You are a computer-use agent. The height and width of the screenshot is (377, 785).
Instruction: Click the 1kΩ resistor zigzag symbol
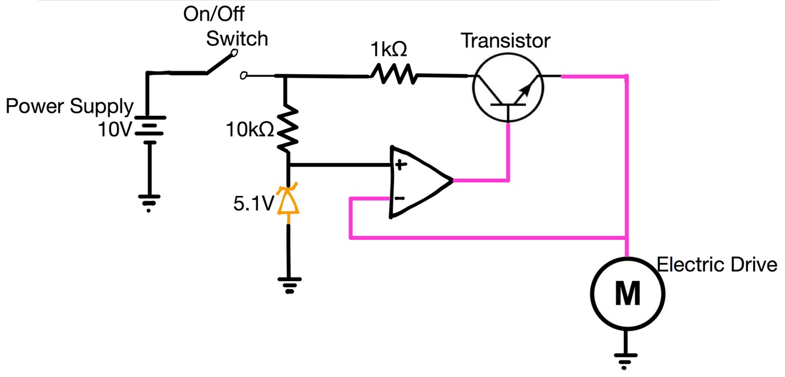[394, 74]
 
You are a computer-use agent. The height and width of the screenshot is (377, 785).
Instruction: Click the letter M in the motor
[627, 293]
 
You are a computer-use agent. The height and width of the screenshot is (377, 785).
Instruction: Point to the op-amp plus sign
[400, 165]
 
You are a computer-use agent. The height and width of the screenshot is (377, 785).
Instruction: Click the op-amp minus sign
[399, 198]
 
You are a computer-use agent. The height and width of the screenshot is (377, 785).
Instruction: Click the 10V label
[114, 130]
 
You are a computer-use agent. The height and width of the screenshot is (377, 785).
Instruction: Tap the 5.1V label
[253, 203]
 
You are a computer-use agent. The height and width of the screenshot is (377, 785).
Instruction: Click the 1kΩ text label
[388, 49]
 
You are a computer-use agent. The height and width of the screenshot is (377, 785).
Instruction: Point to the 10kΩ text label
[249, 130]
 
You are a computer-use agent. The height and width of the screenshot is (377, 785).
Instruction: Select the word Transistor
[505, 41]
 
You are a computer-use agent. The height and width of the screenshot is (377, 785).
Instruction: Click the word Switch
[237, 39]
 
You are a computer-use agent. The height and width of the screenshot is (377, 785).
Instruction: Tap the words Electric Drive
[717, 265]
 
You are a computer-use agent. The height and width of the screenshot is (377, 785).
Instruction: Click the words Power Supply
[69, 106]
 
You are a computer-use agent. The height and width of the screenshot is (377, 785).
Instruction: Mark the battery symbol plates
[149, 129]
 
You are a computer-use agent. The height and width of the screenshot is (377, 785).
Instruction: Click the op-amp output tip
[452, 181]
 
